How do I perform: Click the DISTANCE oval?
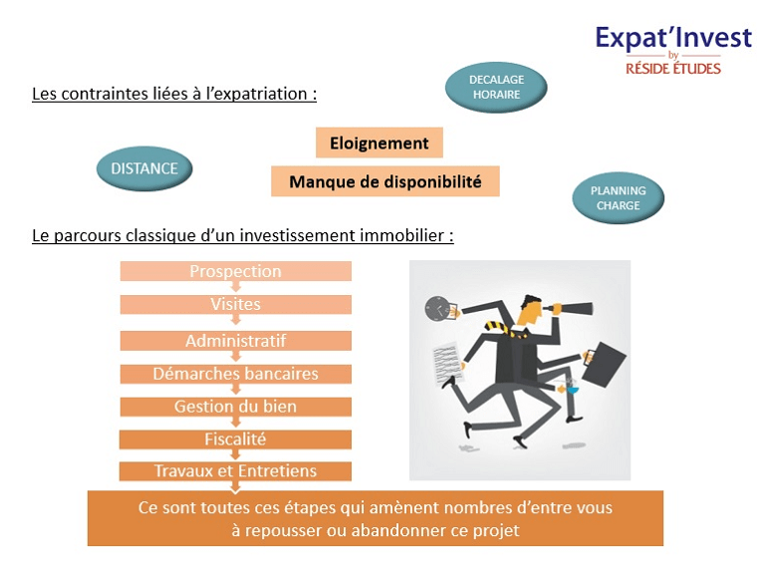[x=144, y=168]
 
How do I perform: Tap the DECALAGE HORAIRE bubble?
[x=496, y=87]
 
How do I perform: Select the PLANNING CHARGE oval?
[x=619, y=197]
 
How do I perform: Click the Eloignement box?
[x=380, y=143]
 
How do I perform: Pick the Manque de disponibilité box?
[x=385, y=181]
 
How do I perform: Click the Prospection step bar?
[x=236, y=271]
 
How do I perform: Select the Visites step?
[x=236, y=304]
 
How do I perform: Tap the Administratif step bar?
[x=236, y=341]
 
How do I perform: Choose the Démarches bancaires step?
[x=236, y=374]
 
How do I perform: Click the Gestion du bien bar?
[x=236, y=407]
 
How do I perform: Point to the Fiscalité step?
[x=235, y=439]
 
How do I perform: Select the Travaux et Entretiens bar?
[x=235, y=471]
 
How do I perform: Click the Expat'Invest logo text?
[x=673, y=38]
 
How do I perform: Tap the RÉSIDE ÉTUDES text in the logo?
[x=673, y=69]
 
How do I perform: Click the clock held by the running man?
[x=437, y=309]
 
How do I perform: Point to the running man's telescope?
[x=570, y=309]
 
